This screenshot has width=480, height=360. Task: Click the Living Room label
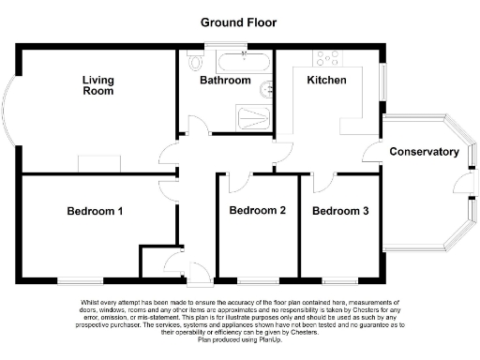click(97, 86)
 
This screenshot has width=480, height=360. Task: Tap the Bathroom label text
click(225, 82)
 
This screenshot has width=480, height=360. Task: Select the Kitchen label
click(327, 82)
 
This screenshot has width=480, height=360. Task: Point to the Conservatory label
click(424, 152)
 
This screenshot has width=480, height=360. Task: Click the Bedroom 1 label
click(95, 212)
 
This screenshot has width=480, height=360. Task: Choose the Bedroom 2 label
click(257, 211)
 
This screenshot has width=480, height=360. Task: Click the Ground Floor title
click(239, 22)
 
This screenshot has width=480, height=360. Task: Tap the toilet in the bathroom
click(195, 62)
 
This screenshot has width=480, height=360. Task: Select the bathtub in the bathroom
click(244, 63)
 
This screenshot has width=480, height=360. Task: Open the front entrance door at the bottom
click(200, 273)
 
